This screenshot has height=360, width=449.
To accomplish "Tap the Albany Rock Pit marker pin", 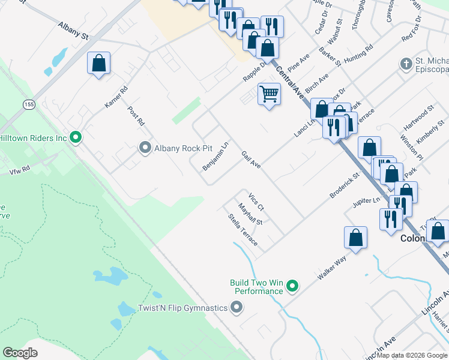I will pyautogui.click(x=145, y=148).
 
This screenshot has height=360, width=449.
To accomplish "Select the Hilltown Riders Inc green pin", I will pyautogui.click(x=75, y=138).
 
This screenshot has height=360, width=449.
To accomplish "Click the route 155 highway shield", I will pyautogui.click(x=28, y=104).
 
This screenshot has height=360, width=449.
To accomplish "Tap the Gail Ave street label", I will pyautogui.click(x=251, y=160).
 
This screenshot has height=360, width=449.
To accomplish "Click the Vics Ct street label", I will pyautogui.click(x=256, y=200).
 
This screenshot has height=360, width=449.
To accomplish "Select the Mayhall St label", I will pyautogui.click(x=250, y=214).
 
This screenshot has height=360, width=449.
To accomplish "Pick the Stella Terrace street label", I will pyautogui.click(x=243, y=230).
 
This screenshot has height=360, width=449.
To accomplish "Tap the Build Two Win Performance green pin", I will pyautogui.click(x=292, y=286).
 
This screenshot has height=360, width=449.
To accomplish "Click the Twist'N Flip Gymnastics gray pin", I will pyautogui.click(x=237, y=308).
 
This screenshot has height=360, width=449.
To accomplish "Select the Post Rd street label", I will pyautogui.click(x=136, y=116).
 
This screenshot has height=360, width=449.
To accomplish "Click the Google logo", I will pyautogui.click(x=20, y=353).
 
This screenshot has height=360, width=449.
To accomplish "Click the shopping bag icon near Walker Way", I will pyautogui.click(x=355, y=237).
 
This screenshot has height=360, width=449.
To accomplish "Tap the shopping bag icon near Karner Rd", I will pyautogui.click(x=98, y=63).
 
